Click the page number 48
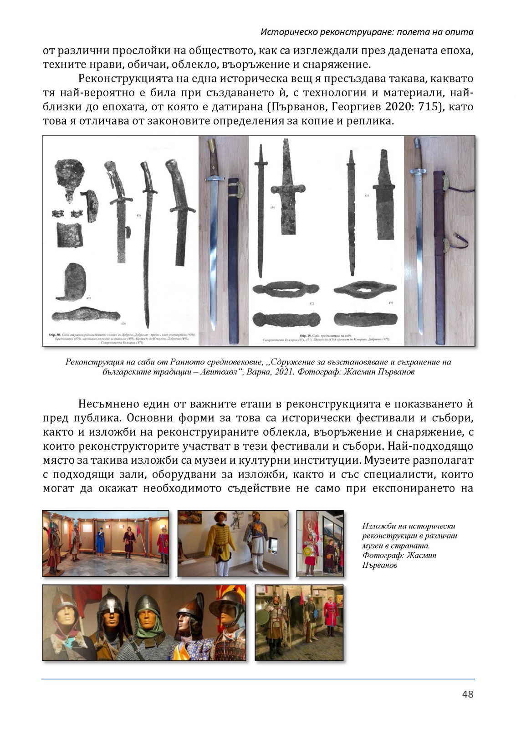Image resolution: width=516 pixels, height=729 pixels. coord(468,694)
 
